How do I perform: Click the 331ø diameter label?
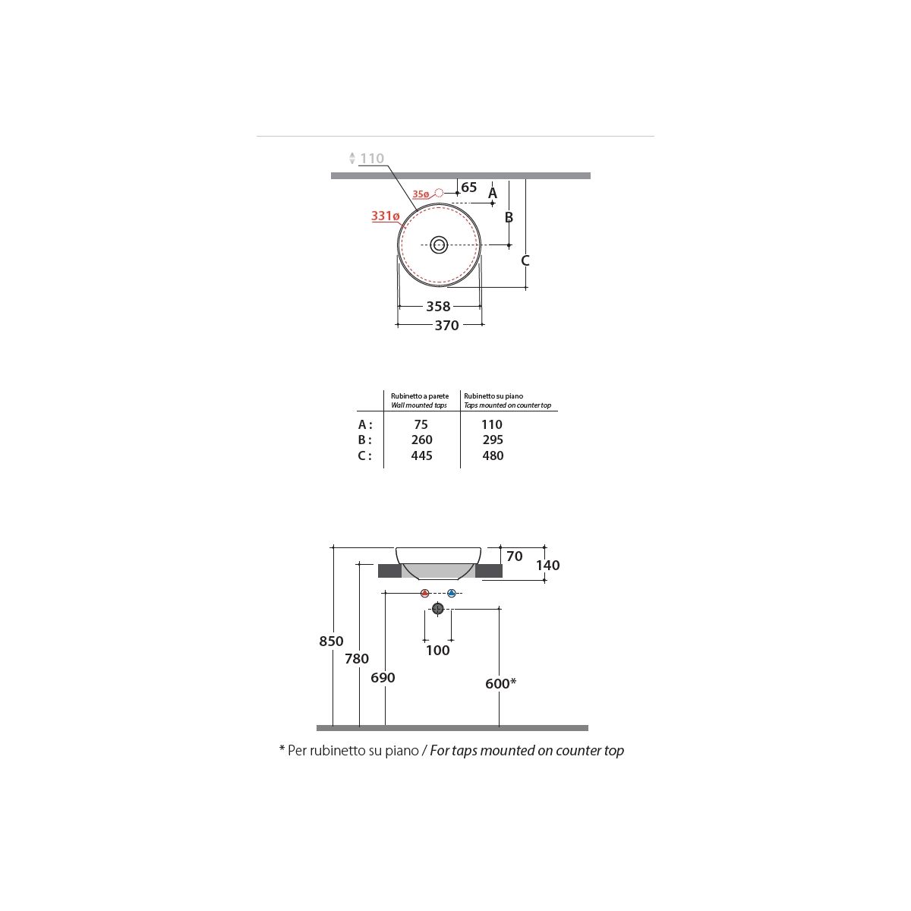[386, 216]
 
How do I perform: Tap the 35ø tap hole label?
[421, 194]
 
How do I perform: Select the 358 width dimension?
[438, 307]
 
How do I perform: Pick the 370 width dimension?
[446, 325]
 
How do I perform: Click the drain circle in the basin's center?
[440, 245]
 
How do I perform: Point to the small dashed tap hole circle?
[439, 192]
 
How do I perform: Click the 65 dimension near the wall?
[468, 188]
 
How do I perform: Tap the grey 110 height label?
[372, 159]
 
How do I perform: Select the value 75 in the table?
[421, 424]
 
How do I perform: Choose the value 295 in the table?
[493, 440]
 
